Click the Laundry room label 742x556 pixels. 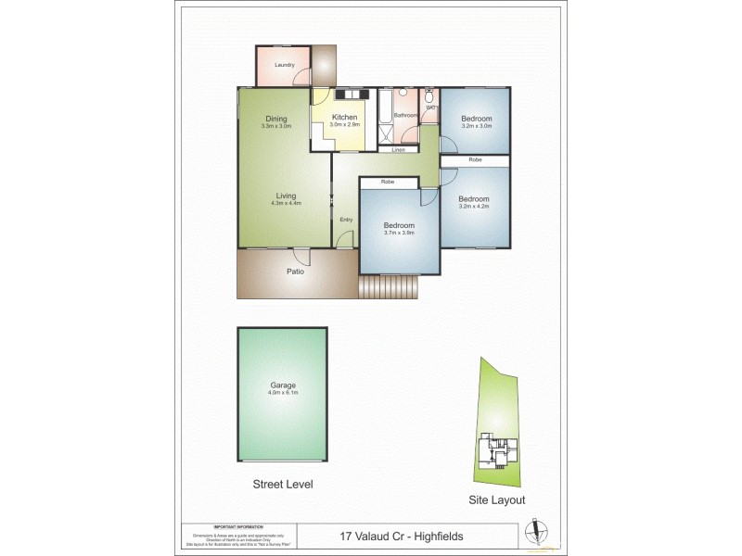[284, 65]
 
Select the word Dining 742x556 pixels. [276, 118]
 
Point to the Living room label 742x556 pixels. [286, 196]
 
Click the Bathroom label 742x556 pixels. [406, 115]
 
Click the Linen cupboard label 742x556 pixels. [399, 149]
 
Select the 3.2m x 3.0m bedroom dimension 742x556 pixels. [477, 126]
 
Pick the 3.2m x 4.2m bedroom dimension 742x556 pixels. [473, 207]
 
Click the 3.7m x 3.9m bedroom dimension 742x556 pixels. [399, 233]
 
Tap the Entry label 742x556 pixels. [346, 220]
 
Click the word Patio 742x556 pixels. [295, 272]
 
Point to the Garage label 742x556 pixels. [283, 385]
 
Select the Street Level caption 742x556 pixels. [283, 484]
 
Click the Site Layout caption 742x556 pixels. [496, 499]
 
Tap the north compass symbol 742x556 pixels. [532, 532]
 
